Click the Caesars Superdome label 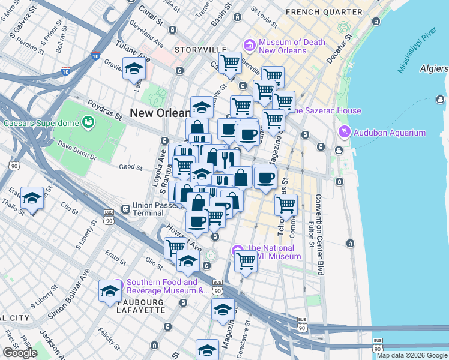(41, 123)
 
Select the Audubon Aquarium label (390, 133)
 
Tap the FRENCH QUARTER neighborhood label (324, 12)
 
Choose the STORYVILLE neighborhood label (200, 49)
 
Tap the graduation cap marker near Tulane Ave (134, 69)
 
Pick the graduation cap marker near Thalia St (32, 199)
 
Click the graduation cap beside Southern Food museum (109, 291)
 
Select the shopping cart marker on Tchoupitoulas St (286, 205)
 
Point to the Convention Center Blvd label (318, 234)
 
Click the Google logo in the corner (20, 353)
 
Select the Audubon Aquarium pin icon (345, 131)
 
